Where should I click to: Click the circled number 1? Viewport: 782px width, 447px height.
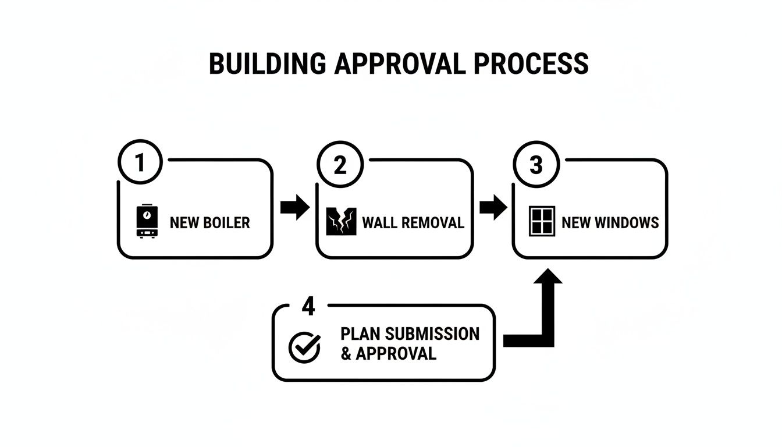140,163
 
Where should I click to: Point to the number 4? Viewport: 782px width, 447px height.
308,307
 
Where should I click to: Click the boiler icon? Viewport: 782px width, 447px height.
147,221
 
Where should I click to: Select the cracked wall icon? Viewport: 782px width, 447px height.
341,222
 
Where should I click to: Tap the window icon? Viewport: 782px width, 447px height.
542,221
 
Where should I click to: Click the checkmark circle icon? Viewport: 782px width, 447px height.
304,347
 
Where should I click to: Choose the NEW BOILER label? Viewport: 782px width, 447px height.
209,222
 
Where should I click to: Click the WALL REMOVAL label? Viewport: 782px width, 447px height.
413,222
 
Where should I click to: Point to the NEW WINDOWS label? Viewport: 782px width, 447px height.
610,222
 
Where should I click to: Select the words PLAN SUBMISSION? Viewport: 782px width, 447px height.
410,334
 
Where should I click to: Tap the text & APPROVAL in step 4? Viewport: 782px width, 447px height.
388,353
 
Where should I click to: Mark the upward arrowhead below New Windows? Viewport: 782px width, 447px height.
547,275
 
